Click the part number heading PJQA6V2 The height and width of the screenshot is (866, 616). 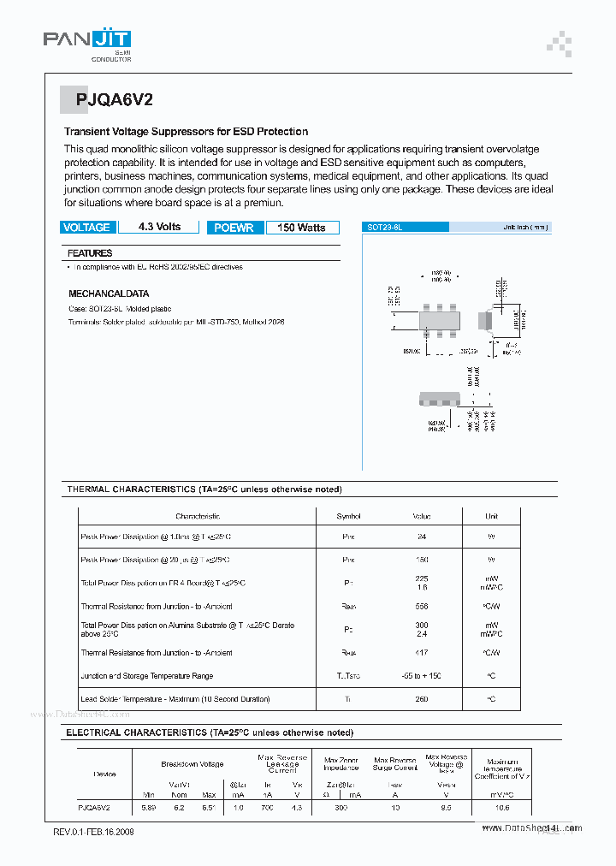tap(114, 99)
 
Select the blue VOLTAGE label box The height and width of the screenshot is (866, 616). tap(86, 228)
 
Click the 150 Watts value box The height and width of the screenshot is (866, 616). tap(301, 228)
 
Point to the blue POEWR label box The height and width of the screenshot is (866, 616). tap(234, 228)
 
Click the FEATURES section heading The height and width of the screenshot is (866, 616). tap(90, 253)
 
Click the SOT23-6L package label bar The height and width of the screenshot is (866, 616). tap(406, 228)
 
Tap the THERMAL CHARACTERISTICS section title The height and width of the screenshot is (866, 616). tap(204, 489)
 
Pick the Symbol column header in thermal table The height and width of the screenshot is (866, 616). tap(348, 516)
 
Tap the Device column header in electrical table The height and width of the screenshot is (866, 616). tap(104, 774)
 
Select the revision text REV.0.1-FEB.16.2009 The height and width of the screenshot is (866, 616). tap(93, 832)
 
